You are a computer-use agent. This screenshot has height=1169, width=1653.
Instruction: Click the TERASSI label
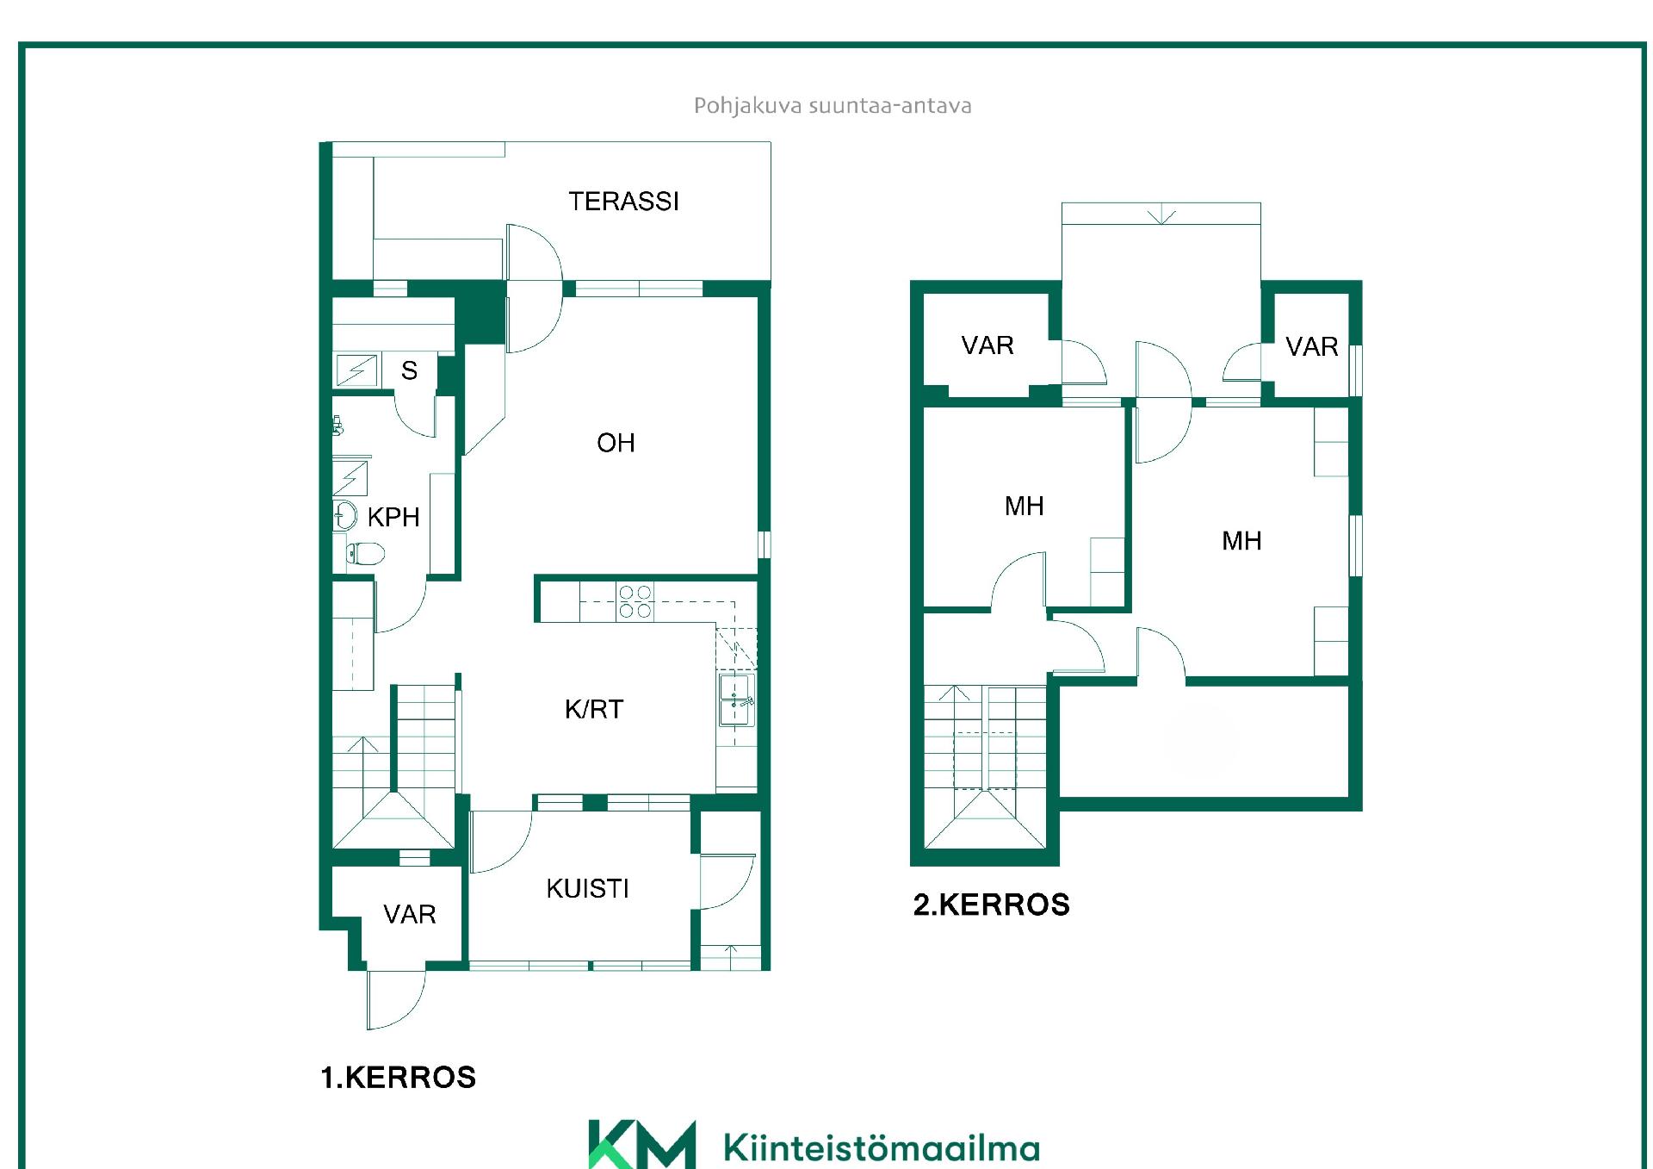tap(623, 202)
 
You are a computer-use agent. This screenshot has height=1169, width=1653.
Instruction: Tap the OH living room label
tap(616, 443)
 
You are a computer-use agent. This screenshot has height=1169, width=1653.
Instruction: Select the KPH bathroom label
tap(393, 517)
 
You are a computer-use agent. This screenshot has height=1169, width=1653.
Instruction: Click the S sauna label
tap(410, 370)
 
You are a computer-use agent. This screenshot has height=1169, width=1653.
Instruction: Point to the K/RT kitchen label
tap(594, 709)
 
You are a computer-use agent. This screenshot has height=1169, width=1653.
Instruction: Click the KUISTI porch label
tap(587, 888)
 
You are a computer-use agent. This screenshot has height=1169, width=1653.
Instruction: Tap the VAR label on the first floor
tap(410, 914)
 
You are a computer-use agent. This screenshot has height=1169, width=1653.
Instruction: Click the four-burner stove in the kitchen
tap(635, 601)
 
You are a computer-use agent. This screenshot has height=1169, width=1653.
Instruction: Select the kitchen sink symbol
tap(737, 700)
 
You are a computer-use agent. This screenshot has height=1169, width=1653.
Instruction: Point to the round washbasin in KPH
tap(345, 516)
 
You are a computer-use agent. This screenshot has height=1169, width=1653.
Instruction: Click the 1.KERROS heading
tap(398, 1078)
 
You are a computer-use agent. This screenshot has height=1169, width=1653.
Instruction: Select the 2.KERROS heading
tap(991, 905)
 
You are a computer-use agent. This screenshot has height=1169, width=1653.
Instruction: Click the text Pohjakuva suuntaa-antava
tap(833, 106)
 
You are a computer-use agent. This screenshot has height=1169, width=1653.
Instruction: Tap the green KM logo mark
tap(642, 1144)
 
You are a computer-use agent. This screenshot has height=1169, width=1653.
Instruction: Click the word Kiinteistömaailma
tap(882, 1147)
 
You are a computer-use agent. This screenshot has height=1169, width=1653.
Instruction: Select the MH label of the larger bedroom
tap(1241, 541)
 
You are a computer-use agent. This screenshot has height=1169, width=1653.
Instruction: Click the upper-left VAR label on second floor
tap(987, 345)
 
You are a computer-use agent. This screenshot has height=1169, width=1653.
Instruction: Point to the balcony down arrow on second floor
tap(1161, 214)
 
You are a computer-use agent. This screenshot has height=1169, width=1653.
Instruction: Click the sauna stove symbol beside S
tap(356, 370)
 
